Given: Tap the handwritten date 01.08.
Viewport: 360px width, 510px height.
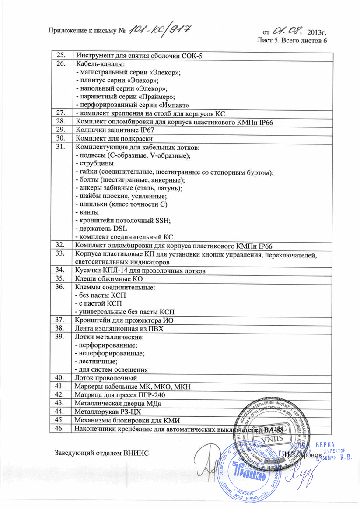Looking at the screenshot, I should point(288,31).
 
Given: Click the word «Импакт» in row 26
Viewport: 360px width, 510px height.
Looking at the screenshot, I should point(175,105).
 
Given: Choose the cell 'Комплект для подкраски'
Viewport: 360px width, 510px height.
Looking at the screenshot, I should point(112,138).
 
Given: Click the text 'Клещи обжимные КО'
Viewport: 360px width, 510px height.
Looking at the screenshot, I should point(105,279).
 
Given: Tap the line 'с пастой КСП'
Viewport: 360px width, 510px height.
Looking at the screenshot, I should point(99,303).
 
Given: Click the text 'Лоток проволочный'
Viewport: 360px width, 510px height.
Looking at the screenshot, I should point(106,377).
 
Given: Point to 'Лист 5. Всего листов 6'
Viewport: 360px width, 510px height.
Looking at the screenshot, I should point(292,41).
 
